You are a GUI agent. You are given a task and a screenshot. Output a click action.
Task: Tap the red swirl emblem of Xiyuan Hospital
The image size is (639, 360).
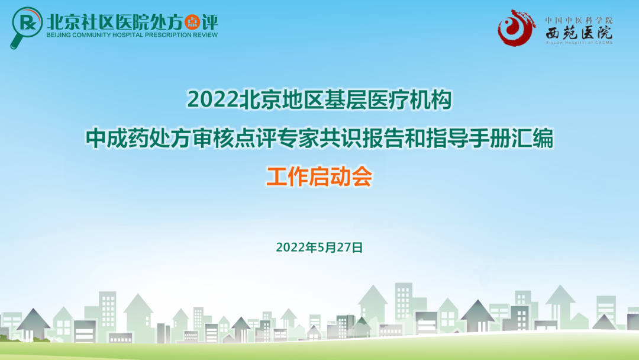click(517, 28)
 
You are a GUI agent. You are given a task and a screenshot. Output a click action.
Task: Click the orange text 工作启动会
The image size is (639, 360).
click(319, 177)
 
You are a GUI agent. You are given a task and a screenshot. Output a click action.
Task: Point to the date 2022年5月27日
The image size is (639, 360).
click(319, 247)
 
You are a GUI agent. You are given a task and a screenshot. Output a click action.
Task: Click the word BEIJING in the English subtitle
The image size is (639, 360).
click(62, 35)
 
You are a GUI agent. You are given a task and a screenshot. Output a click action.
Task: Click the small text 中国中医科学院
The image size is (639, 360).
click(579, 20)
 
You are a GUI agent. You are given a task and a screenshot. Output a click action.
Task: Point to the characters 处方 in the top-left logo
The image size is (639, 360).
click(164, 22)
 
